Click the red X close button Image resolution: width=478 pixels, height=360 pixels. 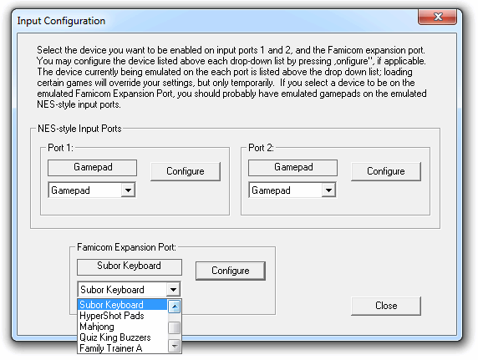click(x=437, y=17)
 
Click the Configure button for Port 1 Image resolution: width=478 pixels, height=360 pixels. click(x=186, y=171)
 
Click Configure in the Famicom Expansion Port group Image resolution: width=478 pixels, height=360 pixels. click(x=231, y=271)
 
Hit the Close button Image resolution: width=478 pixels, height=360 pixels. click(x=386, y=306)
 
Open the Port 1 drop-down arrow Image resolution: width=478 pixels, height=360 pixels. click(x=128, y=190)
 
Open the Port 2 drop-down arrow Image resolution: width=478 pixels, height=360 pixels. click(x=328, y=190)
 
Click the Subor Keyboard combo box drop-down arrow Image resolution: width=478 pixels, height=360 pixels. click(x=173, y=289)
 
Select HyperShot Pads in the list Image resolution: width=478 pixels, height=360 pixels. click(x=112, y=316)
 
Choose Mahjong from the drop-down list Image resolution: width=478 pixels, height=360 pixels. click(x=97, y=327)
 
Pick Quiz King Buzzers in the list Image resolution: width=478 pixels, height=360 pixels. click(x=115, y=337)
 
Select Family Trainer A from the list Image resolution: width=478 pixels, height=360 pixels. click(x=111, y=348)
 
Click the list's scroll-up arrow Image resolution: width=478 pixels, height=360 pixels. click(x=175, y=307)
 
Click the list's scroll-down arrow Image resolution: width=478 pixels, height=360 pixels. click(x=175, y=347)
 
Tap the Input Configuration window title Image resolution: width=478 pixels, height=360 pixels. click(x=61, y=21)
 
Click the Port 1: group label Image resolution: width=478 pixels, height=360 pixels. click(x=60, y=148)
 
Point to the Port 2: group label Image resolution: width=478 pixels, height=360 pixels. click(x=261, y=148)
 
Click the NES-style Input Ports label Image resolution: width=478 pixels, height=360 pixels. click(x=79, y=129)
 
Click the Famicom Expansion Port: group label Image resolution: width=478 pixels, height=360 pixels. click(x=126, y=247)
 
